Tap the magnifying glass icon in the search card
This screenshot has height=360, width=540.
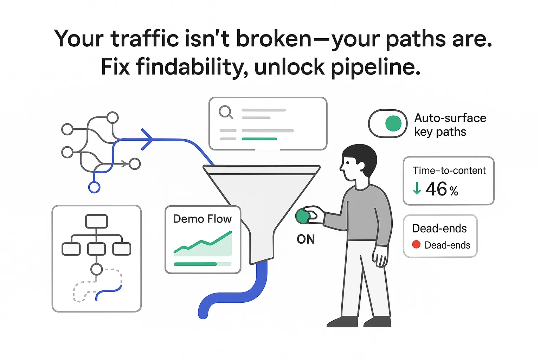pyautogui.click(x=225, y=112)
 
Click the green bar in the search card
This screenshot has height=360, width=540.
pyautogui.click(x=259, y=139)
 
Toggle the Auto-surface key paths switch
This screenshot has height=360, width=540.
pyautogui.click(x=388, y=124)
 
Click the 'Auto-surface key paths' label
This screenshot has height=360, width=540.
pyautogui.click(x=450, y=125)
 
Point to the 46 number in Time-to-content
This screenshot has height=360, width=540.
pyautogui.click(x=436, y=189)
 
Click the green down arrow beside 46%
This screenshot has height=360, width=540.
pyautogui.click(x=417, y=188)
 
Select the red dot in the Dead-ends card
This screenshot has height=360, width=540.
pyautogui.click(x=416, y=244)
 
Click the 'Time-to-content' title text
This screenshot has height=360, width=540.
pyautogui.click(x=449, y=171)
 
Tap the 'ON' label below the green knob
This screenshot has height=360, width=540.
pyautogui.click(x=306, y=239)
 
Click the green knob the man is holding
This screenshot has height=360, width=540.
pyautogui.click(x=302, y=216)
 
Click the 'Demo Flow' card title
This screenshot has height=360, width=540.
pyautogui.click(x=202, y=219)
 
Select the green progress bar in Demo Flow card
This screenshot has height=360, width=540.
pyautogui.click(x=195, y=264)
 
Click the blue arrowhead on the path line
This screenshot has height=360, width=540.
pyautogui.click(x=148, y=140)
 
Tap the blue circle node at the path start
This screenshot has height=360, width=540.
pyautogui.click(x=94, y=187)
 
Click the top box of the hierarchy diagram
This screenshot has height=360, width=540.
pyautogui.click(x=96, y=221)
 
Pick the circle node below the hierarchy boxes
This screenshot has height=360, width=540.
pyautogui.click(x=96, y=269)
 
